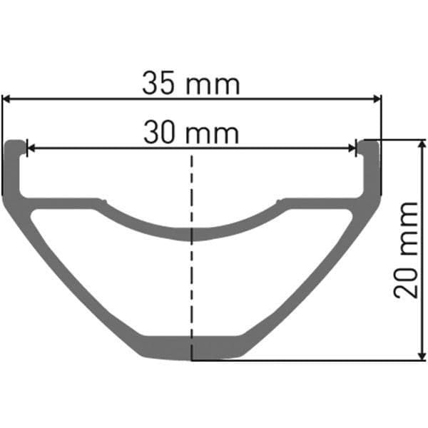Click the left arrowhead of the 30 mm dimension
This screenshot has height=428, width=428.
pos(30,148)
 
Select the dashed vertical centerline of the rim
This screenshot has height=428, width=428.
pos(191,285)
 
